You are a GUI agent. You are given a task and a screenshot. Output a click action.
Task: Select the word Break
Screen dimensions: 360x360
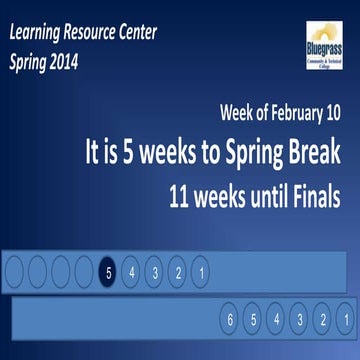(312, 152)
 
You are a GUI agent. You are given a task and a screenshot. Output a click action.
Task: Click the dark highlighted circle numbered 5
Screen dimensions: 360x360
(109, 271)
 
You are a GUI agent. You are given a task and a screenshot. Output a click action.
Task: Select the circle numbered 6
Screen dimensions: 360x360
(230, 321)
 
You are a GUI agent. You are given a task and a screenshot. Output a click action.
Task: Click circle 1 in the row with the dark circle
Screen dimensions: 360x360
(200, 271)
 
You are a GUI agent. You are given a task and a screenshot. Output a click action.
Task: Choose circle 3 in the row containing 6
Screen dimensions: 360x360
(299, 321)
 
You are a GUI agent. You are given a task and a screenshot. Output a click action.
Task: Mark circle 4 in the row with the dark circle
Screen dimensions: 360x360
(132, 271)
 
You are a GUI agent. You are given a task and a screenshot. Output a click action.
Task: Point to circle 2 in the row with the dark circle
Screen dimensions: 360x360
(178, 271)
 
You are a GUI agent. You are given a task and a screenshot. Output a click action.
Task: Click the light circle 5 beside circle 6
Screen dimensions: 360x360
(253, 321)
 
